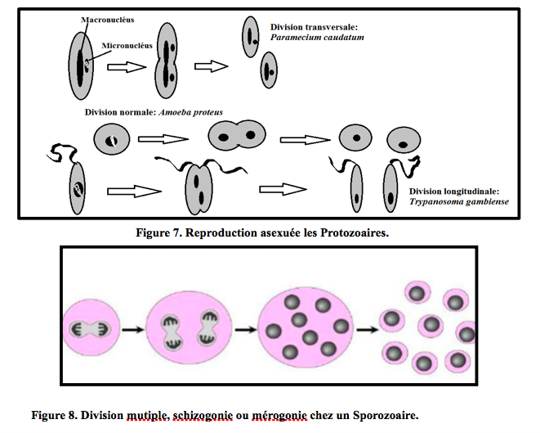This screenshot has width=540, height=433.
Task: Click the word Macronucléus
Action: [108, 18]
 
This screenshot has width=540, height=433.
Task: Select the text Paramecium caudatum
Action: [318, 37]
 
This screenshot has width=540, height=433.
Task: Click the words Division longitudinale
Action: [452, 191]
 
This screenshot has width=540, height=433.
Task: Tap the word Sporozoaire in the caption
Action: [383, 416]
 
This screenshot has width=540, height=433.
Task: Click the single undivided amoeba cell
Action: [112, 139]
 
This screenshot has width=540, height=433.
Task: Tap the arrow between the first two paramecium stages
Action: [127, 67]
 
